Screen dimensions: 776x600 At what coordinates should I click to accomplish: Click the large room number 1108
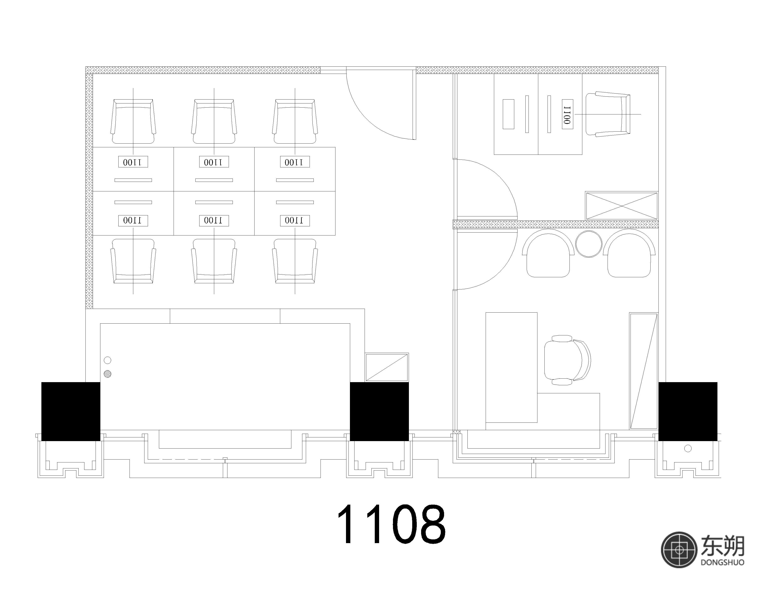[391, 525]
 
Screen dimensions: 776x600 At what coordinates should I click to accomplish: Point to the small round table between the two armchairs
[589, 244]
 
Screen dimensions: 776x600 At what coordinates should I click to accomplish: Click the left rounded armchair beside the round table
[548, 253]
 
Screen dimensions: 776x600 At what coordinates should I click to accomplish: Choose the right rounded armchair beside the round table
[629, 253]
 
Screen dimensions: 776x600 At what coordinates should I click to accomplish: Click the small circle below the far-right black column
[688, 449]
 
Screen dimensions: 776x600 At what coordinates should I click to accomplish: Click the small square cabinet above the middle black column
[387, 367]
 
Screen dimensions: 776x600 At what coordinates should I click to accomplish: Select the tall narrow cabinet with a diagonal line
[644, 371]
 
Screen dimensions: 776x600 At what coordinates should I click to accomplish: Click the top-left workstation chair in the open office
[133, 121]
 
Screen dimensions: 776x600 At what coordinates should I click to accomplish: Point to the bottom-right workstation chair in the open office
[295, 261]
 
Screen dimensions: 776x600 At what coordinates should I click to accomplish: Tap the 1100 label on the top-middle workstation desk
[214, 162]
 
